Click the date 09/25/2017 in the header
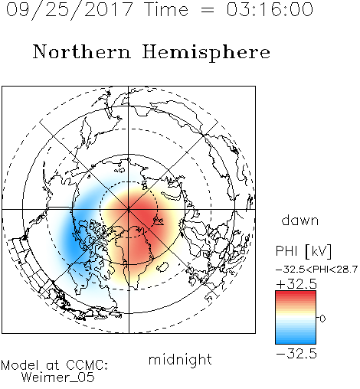(x=69, y=10)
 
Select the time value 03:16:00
(x=270, y=9)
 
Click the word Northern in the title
(x=82, y=51)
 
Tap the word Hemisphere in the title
(x=206, y=53)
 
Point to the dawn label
(x=300, y=220)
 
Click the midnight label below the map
(x=180, y=360)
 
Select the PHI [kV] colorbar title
(x=303, y=251)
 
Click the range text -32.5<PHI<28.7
(x=316, y=270)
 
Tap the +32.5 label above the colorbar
(x=296, y=284)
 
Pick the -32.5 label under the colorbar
(x=296, y=354)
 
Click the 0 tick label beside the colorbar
(x=322, y=319)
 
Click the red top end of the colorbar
(x=296, y=293)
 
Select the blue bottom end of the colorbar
(x=296, y=342)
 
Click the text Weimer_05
(x=58, y=377)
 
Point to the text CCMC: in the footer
(x=87, y=365)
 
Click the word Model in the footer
(x=20, y=365)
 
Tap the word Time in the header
(x=166, y=9)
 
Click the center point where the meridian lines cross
(x=129, y=210)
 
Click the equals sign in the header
(x=207, y=10)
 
